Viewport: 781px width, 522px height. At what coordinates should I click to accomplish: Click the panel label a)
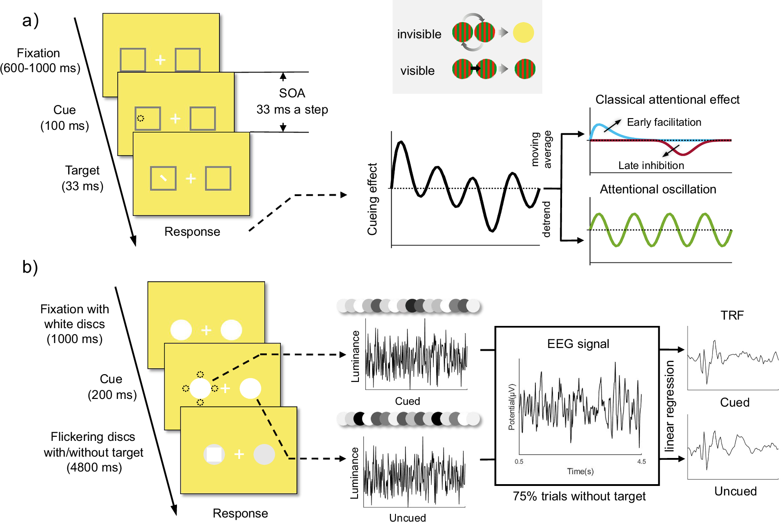(x=30, y=21)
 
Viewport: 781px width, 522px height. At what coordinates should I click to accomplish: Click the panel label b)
(x=30, y=267)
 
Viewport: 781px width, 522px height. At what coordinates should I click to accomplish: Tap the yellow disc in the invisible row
(x=523, y=32)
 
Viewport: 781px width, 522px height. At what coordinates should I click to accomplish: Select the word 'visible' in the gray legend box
(x=417, y=71)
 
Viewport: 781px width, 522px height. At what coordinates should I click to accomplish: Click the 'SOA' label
(x=292, y=93)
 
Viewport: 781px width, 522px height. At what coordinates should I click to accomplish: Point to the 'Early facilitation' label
(x=664, y=122)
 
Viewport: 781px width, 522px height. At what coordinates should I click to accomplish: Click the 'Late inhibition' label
(x=651, y=165)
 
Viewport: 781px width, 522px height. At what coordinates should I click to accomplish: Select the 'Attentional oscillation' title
(x=658, y=189)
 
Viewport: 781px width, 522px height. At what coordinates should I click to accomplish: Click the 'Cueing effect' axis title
(x=372, y=199)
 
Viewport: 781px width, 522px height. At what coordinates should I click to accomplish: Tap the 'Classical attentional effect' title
(x=667, y=100)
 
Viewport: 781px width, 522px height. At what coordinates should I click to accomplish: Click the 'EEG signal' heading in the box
(x=578, y=344)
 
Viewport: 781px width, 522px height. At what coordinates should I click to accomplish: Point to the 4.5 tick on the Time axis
(x=641, y=462)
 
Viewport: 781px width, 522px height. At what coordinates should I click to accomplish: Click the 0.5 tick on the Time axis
(x=519, y=462)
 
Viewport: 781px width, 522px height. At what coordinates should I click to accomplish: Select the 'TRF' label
(x=732, y=316)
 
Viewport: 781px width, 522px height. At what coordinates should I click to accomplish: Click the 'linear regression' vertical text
(x=669, y=406)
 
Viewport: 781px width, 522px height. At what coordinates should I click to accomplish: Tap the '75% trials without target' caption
(x=579, y=496)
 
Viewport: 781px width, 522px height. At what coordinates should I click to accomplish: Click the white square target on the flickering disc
(x=214, y=454)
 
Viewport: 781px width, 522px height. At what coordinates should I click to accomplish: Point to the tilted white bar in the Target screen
(x=163, y=179)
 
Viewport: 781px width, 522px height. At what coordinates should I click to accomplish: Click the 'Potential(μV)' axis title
(x=511, y=407)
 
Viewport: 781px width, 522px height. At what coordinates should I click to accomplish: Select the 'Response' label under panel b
(x=240, y=513)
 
